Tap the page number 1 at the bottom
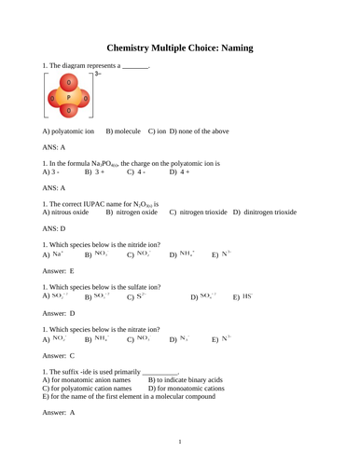click(180, 441)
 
